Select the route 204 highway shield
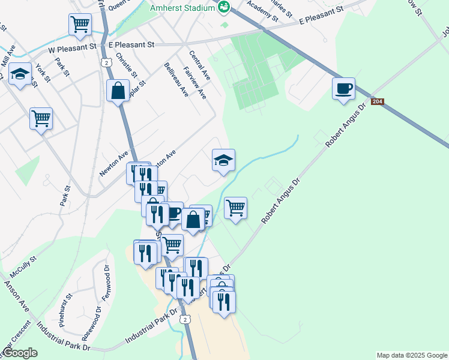click(377, 103)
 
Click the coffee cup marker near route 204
click(343, 89)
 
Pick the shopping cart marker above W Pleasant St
click(80, 25)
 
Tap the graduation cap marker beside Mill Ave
click(20, 74)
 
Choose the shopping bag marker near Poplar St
click(118, 91)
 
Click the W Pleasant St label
click(72, 46)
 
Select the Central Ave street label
click(199, 67)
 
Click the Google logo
click(20, 353)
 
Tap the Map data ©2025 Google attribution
click(412, 355)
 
